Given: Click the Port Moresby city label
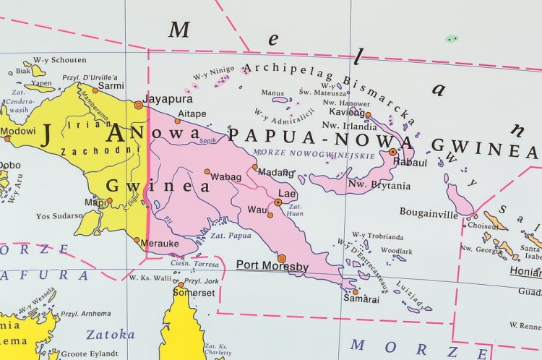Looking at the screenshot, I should point(272,267).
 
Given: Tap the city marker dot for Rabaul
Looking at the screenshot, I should point(392,152).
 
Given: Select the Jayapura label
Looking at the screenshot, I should point(168,98).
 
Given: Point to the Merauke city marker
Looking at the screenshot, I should point(137,240).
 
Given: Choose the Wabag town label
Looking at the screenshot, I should point(225,176).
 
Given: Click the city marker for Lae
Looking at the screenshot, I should point(278,202).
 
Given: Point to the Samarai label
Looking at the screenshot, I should point(361,298).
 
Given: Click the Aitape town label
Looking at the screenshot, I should point(192,113).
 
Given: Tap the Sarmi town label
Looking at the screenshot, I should point(111,85).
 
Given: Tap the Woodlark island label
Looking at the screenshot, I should point(396,250).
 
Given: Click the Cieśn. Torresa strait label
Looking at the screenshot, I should point(194,265).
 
